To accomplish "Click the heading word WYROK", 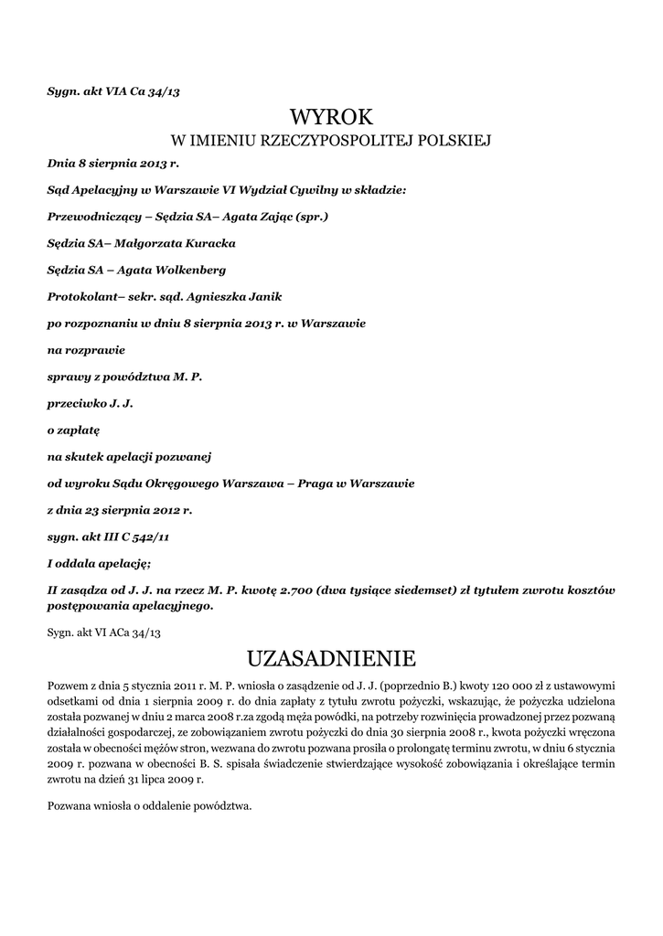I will point(332,116).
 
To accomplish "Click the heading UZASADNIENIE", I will point(331,658).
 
